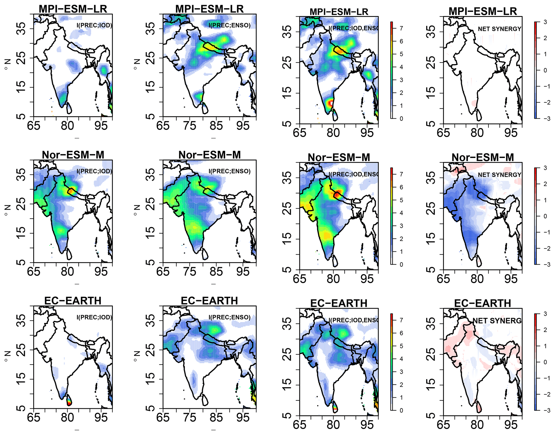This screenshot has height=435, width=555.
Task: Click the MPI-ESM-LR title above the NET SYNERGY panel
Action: click(x=483, y=12)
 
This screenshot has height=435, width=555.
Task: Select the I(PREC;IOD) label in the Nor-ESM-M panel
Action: click(x=94, y=171)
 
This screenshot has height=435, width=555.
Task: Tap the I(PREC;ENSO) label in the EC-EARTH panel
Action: click(x=229, y=317)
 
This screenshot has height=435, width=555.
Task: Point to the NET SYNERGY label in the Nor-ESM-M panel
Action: click(x=499, y=175)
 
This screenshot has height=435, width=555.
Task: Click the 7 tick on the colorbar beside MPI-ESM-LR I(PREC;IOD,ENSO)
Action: click(x=401, y=28)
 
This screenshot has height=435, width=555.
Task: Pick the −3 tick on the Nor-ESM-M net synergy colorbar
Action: click(x=545, y=264)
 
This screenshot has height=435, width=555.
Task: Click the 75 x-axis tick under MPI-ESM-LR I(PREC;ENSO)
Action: click(x=190, y=126)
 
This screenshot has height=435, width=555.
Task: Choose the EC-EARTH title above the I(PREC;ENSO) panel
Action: click(x=209, y=301)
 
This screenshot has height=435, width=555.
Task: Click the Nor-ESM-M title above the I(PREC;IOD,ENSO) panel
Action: click(x=339, y=157)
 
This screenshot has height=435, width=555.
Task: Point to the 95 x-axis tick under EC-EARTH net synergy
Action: click(x=510, y=425)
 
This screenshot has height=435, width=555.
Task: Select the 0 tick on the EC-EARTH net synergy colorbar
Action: click(x=545, y=362)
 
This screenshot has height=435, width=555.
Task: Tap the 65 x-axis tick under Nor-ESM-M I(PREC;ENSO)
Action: click(x=163, y=271)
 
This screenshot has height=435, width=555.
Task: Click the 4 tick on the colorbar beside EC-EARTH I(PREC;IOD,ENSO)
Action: click(x=401, y=359)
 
